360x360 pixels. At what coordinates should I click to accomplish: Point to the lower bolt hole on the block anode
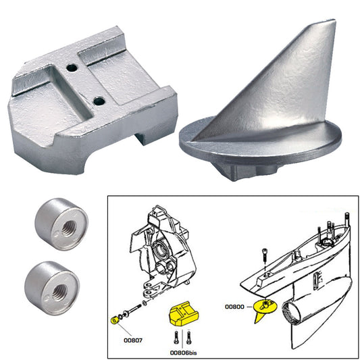[x=99, y=101]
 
